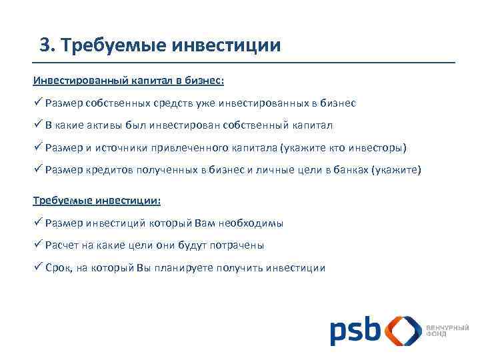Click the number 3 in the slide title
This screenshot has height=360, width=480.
tap(45, 45)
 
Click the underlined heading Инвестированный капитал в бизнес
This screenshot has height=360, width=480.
tap(129, 81)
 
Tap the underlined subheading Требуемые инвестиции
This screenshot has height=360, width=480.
tap(97, 200)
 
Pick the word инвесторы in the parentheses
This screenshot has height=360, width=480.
tap(379, 147)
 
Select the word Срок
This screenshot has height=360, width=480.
tap(60, 268)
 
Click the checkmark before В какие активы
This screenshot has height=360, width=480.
tap(38, 125)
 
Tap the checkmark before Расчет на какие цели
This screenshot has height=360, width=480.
tap(38, 245)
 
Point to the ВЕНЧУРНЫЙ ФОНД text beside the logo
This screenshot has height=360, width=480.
tap(447, 331)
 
